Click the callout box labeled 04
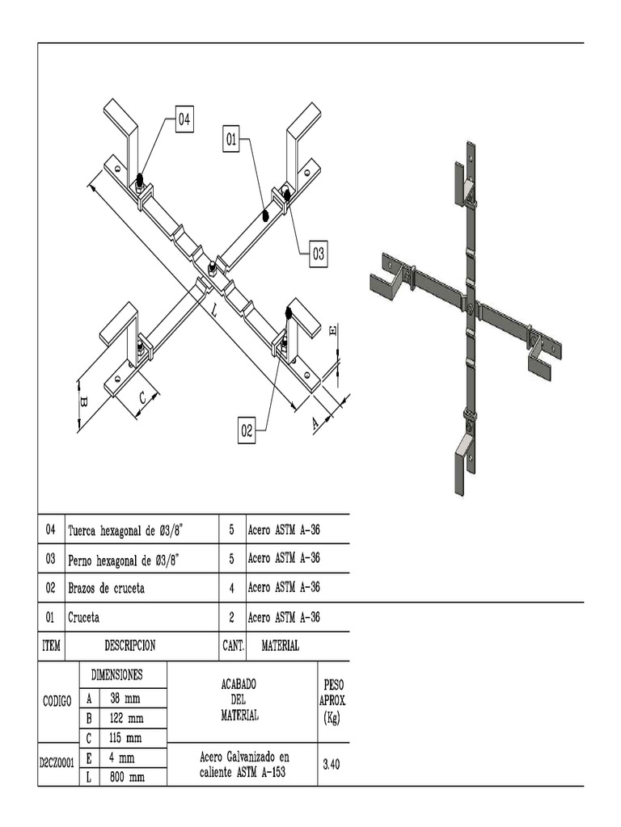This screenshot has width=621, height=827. pyautogui.click(x=184, y=120)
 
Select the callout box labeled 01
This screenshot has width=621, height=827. pyautogui.click(x=232, y=141)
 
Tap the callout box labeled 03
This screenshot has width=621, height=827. pyautogui.click(x=319, y=254)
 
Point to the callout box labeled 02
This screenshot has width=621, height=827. pyautogui.click(x=247, y=431)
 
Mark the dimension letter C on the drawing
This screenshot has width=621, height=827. pyautogui.click(x=142, y=397)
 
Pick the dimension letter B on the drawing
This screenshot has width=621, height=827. pyautogui.click(x=83, y=401)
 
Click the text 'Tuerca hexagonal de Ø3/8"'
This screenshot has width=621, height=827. pyautogui.click(x=125, y=530)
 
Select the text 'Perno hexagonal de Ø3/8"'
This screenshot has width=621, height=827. pyautogui.click(x=124, y=559)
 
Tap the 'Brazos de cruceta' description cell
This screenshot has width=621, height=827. pyautogui.click(x=106, y=588)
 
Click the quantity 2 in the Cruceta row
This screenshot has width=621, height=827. pyautogui.click(x=231, y=617)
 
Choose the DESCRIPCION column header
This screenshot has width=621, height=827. pyautogui.click(x=129, y=645)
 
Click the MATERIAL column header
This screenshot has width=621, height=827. pyautogui.click(x=280, y=645)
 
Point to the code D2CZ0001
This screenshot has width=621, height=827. pyautogui.click(x=57, y=762)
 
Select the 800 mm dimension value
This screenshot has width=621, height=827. pyautogui.click(x=127, y=777)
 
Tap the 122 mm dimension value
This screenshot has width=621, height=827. pyautogui.click(x=127, y=718)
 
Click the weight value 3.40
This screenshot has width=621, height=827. pyautogui.click(x=331, y=762)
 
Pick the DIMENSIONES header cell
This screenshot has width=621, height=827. pyautogui.click(x=116, y=674)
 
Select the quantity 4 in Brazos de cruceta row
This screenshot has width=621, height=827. pyautogui.click(x=231, y=588)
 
